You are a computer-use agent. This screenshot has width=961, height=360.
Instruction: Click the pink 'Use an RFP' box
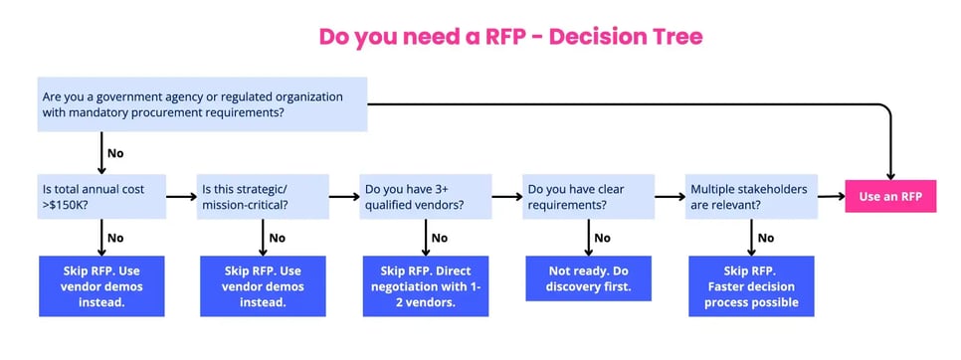click(x=890, y=197)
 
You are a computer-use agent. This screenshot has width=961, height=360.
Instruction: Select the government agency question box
click(x=203, y=104)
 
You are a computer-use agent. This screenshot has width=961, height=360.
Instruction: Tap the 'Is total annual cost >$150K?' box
click(x=101, y=197)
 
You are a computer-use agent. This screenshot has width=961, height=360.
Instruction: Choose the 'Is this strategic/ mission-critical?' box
click(x=263, y=197)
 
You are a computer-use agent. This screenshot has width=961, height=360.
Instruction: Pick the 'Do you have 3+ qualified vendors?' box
click(x=426, y=197)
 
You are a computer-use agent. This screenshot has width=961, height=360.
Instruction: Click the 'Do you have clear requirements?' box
click(x=589, y=197)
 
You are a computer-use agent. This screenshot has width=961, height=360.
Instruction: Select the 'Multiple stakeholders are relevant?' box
click(x=751, y=197)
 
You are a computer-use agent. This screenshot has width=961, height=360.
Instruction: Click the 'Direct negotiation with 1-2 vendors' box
click(x=426, y=286)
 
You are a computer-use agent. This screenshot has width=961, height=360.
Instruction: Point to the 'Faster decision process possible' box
click(x=751, y=286)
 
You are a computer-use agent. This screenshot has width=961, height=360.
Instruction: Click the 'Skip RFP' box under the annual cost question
click(x=101, y=286)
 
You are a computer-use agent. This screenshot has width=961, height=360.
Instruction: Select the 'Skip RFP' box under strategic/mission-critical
click(x=263, y=286)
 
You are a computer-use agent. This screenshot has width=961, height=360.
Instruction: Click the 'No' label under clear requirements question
click(x=603, y=239)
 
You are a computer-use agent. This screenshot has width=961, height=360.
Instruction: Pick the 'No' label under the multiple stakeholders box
click(x=765, y=239)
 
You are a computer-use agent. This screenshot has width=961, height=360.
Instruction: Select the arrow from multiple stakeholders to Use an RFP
click(x=830, y=197)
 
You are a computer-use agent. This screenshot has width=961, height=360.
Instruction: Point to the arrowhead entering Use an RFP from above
click(x=890, y=173)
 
